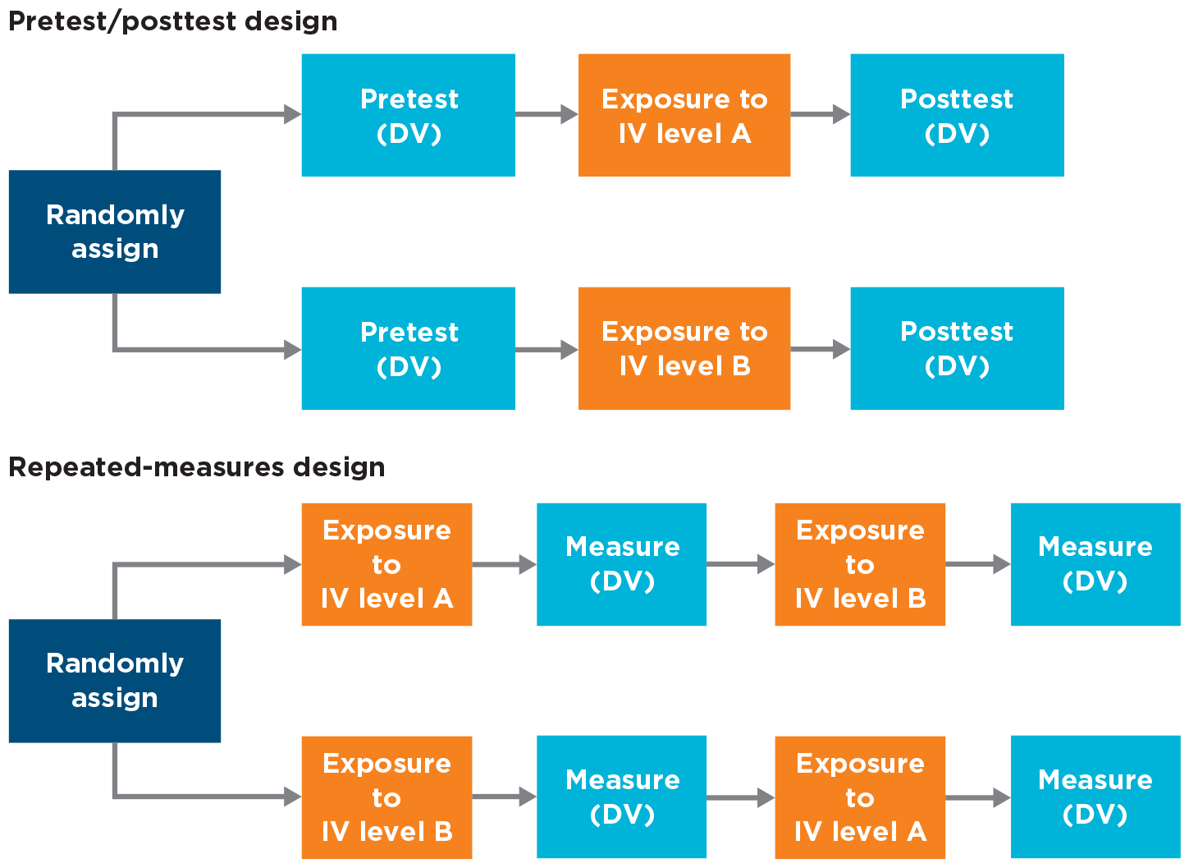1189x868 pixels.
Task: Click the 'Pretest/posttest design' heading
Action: (x=172, y=21)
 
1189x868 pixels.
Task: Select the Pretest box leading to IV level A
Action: (x=408, y=115)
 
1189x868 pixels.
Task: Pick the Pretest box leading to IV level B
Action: (x=408, y=348)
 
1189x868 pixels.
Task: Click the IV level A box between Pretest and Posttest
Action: (x=684, y=115)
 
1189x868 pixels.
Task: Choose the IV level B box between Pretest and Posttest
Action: (x=684, y=348)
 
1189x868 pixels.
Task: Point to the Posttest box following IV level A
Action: (x=957, y=115)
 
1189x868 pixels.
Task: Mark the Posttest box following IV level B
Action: (x=957, y=348)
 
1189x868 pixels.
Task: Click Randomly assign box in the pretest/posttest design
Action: (x=115, y=232)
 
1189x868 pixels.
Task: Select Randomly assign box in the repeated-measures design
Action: (x=115, y=681)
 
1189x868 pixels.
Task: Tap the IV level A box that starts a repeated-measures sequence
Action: (x=386, y=564)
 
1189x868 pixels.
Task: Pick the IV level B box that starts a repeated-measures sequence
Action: (x=386, y=797)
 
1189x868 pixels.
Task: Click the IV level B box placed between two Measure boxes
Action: (x=860, y=564)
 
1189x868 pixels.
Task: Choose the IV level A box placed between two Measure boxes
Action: (x=860, y=797)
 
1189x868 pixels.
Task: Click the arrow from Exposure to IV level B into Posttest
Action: (x=820, y=349)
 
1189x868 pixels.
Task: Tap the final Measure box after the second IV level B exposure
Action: (x=1095, y=564)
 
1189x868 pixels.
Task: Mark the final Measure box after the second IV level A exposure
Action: (x=1095, y=797)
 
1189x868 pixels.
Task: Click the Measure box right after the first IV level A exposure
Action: (x=621, y=564)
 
